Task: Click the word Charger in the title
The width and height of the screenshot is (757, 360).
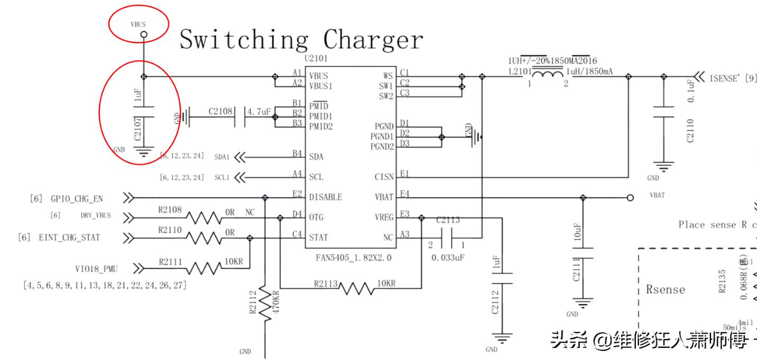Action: [373, 40]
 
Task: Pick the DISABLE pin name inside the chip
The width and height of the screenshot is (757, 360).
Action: [326, 197]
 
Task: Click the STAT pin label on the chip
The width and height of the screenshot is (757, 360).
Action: [319, 238]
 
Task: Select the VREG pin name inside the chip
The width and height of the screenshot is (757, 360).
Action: [384, 218]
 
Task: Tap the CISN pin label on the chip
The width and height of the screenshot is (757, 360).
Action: [384, 177]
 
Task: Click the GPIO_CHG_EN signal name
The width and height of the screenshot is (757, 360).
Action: [77, 199]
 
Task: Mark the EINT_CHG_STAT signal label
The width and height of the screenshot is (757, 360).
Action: [69, 238]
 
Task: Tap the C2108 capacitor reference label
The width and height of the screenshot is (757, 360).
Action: [220, 111]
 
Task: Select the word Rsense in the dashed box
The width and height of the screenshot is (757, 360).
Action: [665, 290]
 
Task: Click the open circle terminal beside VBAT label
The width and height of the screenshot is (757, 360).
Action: [630, 197]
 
